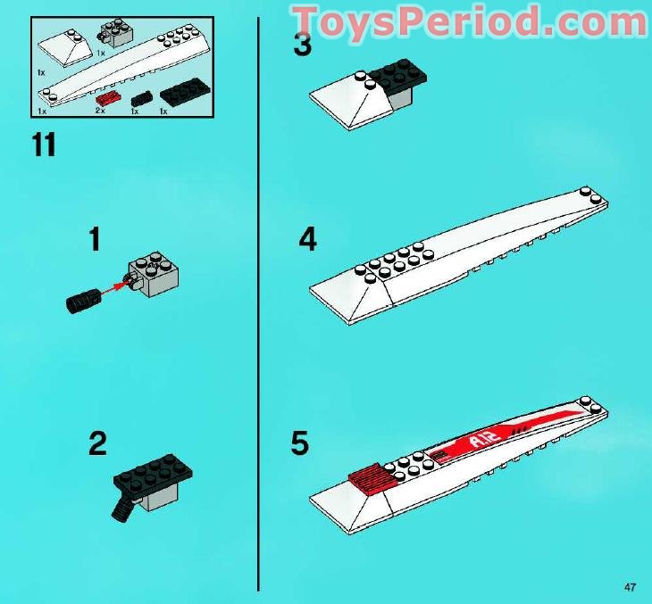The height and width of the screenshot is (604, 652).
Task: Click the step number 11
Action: [44, 145]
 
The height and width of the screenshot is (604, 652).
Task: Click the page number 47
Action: [631, 586]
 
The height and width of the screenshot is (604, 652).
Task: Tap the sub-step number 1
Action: [95, 240]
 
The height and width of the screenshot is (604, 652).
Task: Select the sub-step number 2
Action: [97, 443]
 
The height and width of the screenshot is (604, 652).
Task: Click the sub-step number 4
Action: [307, 240]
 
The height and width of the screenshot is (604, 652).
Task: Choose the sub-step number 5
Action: [300, 443]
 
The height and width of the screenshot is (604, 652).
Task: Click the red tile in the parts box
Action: [108, 97]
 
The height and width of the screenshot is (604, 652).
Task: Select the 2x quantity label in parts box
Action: [100, 112]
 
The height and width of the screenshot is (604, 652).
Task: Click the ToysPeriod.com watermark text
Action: [470, 20]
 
